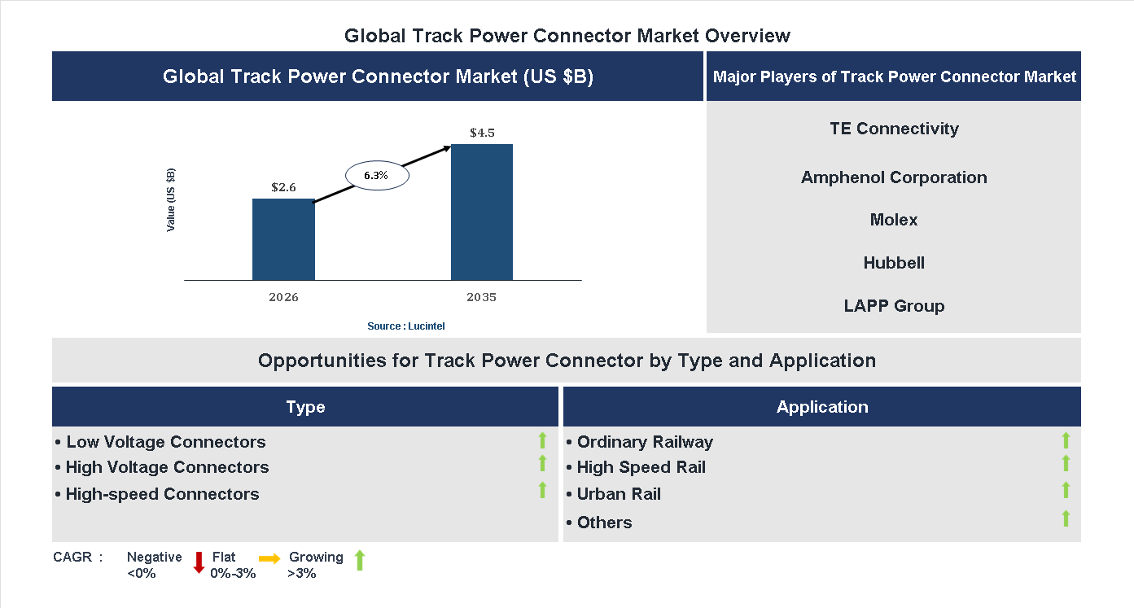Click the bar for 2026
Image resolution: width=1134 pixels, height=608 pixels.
283,239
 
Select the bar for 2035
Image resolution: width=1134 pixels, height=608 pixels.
482,212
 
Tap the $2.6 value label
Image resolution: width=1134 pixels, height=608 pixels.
283,187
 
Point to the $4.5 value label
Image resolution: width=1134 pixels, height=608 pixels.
482,133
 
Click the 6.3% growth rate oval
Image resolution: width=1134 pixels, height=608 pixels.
376,176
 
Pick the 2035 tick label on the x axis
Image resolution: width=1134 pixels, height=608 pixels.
481,297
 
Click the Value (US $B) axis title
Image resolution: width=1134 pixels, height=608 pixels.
171,200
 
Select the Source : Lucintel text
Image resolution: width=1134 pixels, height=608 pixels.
405,326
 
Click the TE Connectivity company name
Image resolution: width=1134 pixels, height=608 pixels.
894,129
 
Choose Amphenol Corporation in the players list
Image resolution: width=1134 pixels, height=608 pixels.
894,177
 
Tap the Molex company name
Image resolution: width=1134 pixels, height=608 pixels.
894,220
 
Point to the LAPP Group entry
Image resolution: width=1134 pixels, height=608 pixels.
894,306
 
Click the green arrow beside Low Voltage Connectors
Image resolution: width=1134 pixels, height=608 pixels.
542,440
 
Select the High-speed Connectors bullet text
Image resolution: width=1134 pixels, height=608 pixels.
162,494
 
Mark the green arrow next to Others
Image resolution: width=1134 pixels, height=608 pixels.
1066,518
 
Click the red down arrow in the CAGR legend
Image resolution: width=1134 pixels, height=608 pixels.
199,562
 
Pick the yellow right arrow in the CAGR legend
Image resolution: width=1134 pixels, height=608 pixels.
269,558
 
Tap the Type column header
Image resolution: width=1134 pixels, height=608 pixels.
305,407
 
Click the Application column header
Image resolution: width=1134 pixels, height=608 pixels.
822,407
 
